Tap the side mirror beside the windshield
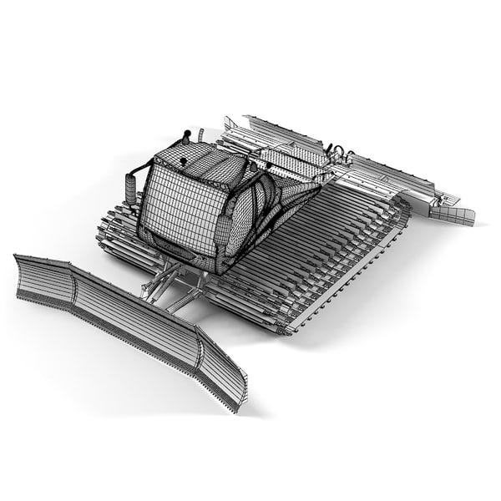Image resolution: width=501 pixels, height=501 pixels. pos(130,188)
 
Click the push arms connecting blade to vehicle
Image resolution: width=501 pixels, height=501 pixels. pos(171,288)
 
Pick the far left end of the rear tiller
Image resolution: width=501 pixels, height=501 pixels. pos(238,124)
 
